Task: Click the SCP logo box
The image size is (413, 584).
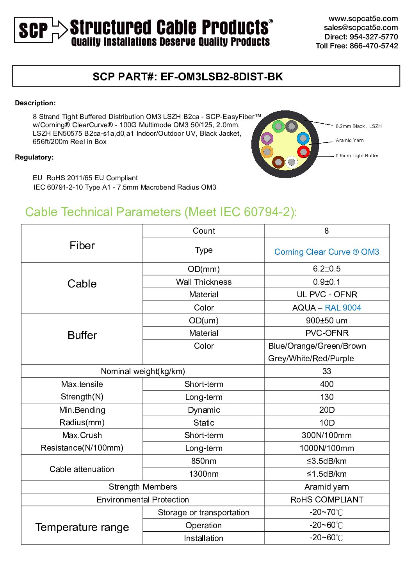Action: (33, 30)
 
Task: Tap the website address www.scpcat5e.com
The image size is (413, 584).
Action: (363, 19)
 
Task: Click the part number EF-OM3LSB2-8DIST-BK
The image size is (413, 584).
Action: (222, 76)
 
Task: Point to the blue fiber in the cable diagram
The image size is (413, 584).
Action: (303, 138)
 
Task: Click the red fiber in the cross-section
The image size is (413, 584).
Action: (303, 152)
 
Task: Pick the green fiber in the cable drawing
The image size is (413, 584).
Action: (278, 126)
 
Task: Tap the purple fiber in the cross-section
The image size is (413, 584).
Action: (267, 138)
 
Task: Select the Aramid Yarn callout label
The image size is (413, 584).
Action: (349, 140)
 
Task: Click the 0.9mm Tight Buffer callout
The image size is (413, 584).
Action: (357, 156)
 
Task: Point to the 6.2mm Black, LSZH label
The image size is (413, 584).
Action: (358, 126)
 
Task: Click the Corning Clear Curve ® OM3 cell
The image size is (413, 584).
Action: (327, 252)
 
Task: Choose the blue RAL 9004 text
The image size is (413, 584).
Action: (343, 308)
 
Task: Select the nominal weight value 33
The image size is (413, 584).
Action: (327, 371)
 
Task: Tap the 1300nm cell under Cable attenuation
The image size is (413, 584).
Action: (204, 474)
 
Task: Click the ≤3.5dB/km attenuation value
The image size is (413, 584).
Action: (327, 461)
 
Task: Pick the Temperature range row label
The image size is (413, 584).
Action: (82, 527)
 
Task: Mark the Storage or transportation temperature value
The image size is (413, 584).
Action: (326, 512)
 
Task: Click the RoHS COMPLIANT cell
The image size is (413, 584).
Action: (327, 500)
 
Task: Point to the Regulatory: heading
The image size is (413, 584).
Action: (34, 157)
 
